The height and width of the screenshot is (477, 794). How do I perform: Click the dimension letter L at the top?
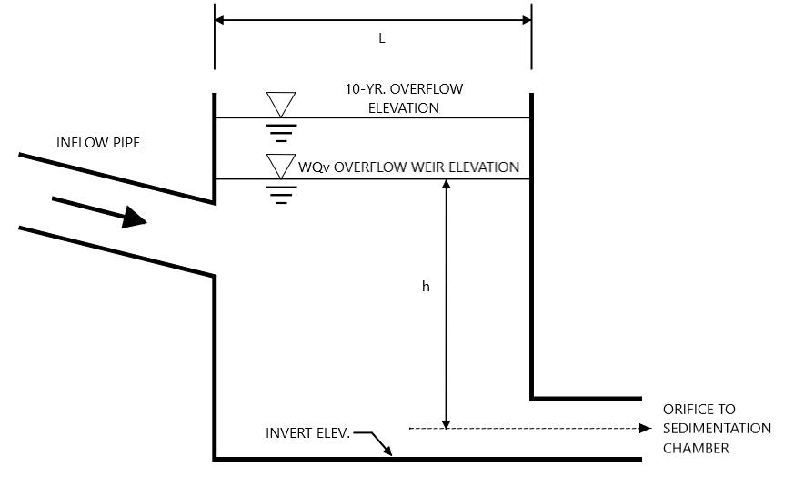pos(382,38)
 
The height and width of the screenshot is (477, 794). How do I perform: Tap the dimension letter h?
pos(426,287)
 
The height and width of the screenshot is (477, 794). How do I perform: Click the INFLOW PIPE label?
pos(98,143)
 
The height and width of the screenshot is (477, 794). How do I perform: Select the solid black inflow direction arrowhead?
pos(134,218)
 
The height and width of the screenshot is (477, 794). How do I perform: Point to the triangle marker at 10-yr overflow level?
pos(281,105)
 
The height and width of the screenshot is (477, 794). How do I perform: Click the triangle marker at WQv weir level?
pos(281,167)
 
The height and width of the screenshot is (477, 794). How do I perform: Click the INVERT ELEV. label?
pos(308,433)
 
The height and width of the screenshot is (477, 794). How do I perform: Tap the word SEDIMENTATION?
pos(717,429)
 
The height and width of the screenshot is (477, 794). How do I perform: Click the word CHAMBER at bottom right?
pos(697,448)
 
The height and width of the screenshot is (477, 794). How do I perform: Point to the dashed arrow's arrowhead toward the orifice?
pos(646,429)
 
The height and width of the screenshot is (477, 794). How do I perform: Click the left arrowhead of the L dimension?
pos(220,20)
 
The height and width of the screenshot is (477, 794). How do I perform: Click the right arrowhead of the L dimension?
pos(526,20)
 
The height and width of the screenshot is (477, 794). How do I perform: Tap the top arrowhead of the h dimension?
pos(447,184)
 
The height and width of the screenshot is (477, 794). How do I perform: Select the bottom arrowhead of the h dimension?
pos(447,424)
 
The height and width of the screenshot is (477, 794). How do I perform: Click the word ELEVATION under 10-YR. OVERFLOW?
pos(404,108)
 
